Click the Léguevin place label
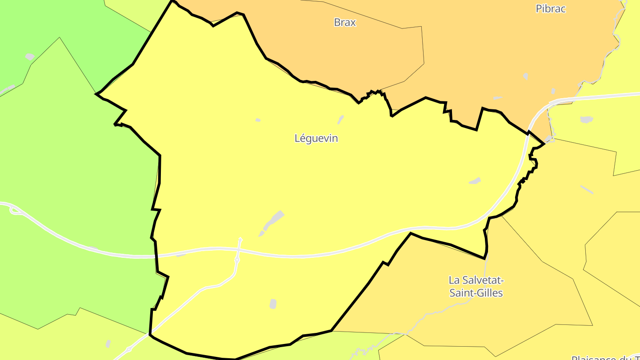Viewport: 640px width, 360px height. [316, 138]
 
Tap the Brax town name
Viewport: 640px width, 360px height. [345, 22]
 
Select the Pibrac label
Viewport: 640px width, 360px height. [551, 8]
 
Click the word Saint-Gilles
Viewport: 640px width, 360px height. [476, 293]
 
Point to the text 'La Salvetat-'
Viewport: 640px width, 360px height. [476, 280]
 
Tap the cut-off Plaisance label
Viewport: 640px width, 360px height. [604, 357]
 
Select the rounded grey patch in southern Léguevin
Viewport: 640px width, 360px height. [273, 304]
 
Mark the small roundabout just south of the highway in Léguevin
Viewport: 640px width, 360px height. [237, 260]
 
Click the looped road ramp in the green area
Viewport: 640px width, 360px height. [16, 210]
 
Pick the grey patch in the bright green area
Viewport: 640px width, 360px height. [30, 56]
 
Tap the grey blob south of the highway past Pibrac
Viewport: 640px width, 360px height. [587, 120]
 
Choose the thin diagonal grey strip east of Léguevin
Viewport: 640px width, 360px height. [587, 190]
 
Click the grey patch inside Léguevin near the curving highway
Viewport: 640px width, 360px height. [475, 181]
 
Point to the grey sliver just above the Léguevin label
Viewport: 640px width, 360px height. [341, 119]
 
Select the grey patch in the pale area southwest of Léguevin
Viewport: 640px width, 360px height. [108, 344]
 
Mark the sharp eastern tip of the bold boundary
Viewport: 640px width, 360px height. [544, 144]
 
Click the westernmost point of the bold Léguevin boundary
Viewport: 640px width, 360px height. [96, 94]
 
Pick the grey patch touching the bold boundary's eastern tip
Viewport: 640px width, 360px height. [550, 140]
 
